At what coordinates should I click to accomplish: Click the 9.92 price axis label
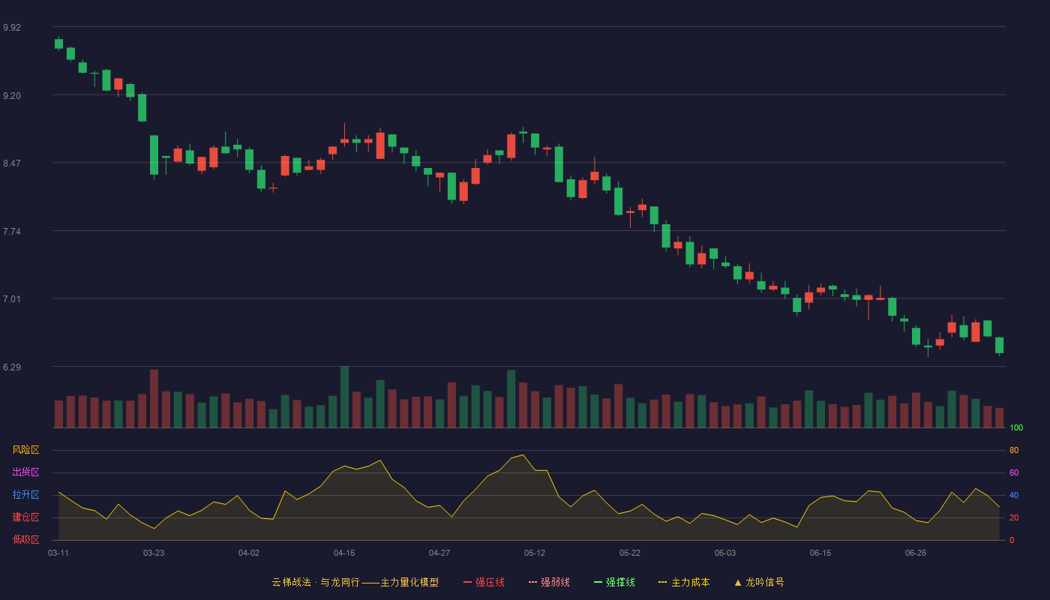pos(12,28)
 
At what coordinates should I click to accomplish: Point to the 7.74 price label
pos(12,232)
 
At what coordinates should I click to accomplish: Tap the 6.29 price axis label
pos(12,367)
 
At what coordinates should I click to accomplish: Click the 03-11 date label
pos(58,553)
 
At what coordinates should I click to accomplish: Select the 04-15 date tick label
pos(344,553)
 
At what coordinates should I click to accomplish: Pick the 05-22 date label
pos(629,553)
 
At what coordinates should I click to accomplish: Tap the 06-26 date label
pos(916,553)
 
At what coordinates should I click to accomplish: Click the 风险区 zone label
pos(25,450)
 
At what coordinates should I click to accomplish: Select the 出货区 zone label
pos(25,472)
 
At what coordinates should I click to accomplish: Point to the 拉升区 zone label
pos(25,494)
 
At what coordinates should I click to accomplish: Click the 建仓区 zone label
pos(25,517)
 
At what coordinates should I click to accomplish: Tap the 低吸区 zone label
pos(25,539)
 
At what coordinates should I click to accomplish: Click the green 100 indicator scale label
pos(1016,427)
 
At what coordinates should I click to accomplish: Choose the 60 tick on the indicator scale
pos(1014,472)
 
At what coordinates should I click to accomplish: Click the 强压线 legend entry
pos(484,582)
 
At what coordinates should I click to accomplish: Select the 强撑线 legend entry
pos(614,582)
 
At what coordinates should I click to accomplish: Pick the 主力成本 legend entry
pos(684,582)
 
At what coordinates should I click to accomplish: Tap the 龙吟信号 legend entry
pos(759,582)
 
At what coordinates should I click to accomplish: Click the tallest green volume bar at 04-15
pos(344,397)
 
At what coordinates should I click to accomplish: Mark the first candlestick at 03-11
pos(58,43)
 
